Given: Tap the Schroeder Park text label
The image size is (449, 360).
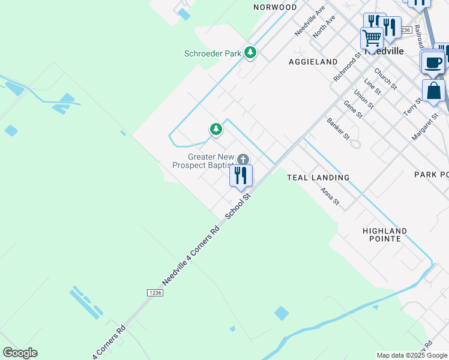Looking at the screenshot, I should pos(212,53).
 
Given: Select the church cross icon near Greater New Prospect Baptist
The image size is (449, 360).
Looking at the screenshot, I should pos(243,160).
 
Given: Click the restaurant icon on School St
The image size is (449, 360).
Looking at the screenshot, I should pos(241,176).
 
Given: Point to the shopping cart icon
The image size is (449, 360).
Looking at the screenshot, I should pos(372,38).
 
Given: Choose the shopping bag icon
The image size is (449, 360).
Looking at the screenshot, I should pos(433,92).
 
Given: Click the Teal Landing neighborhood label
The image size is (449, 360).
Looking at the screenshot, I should pos(318,178).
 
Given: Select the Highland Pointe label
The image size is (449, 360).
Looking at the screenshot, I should pos(385,235).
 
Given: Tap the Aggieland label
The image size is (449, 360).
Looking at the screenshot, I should pos(313,62).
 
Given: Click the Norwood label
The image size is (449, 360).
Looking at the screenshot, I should pos(275,7).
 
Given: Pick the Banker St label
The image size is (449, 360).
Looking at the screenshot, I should pos(338,128).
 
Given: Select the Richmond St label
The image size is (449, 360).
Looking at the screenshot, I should pos(348,66).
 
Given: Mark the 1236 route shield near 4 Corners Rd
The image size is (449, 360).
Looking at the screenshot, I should pos(155,292).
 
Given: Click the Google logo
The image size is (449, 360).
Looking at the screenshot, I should pos(20,353).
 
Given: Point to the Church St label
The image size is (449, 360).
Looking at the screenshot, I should pos(385,79).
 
